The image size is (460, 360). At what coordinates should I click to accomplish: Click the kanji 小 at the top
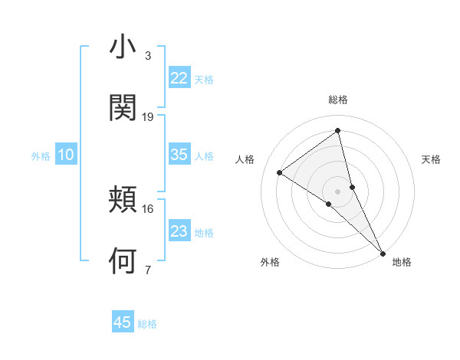click(x=123, y=47)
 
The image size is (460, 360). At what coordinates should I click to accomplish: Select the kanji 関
click(x=123, y=108)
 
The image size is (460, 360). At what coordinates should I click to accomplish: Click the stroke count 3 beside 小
click(x=148, y=56)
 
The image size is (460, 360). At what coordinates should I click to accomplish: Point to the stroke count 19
click(x=148, y=116)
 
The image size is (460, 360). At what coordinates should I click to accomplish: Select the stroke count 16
click(x=148, y=208)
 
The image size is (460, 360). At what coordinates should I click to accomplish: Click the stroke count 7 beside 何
click(x=148, y=270)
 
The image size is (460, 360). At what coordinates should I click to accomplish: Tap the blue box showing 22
click(x=179, y=78)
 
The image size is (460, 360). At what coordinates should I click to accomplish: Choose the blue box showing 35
click(x=179, y=155)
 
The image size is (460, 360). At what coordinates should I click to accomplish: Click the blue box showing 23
click(x=179, y=231)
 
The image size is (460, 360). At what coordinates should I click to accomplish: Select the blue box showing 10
click(x=66, y=155)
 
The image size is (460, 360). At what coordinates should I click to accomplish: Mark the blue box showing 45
click(x=123, y=322)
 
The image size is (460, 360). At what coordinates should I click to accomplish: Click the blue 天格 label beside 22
click(x=204, y=79)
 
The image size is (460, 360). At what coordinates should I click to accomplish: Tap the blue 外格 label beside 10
click(x=41, y=155)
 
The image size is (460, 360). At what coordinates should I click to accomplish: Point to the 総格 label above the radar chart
click(x=338, y=100)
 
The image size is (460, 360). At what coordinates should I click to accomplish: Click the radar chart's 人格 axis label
click(x=245, y=159)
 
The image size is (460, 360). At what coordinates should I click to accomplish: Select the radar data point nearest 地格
click(x=383, y=252)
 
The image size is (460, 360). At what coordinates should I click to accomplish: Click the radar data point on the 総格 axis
click(x=338, y=130)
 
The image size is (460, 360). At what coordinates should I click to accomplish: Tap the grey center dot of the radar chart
click(x=338, y=191)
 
